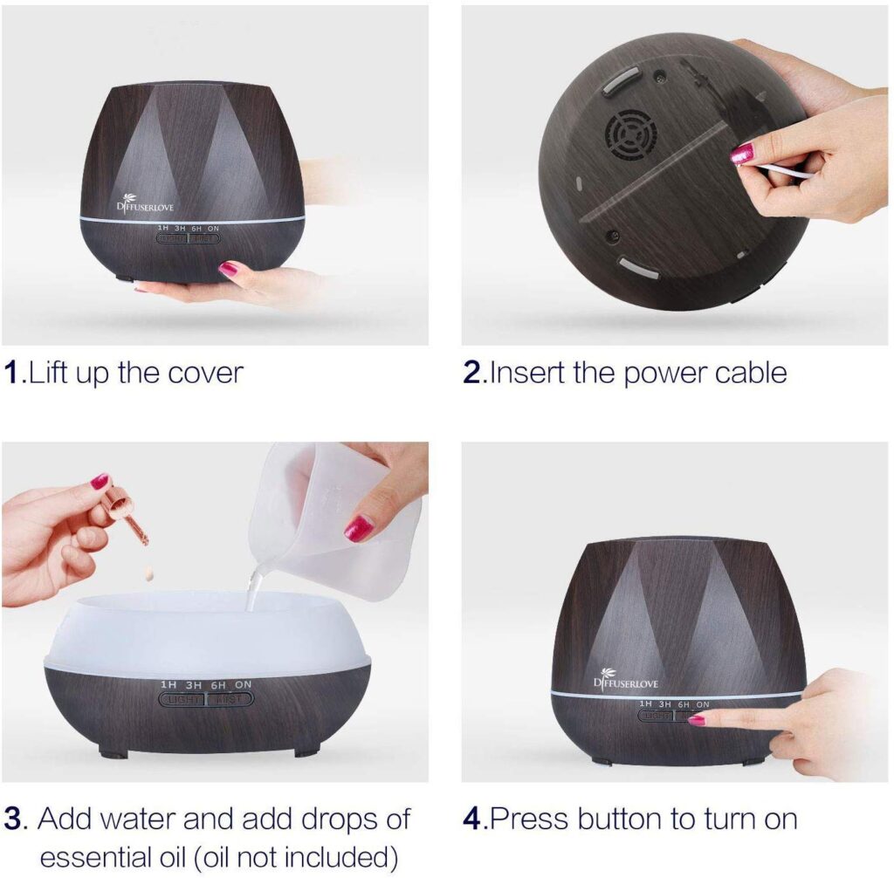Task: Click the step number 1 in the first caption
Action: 11,374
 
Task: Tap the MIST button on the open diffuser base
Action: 229,699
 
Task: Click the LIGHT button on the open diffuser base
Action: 182,699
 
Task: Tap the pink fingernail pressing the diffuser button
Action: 697,720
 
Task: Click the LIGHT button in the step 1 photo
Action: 173,237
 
